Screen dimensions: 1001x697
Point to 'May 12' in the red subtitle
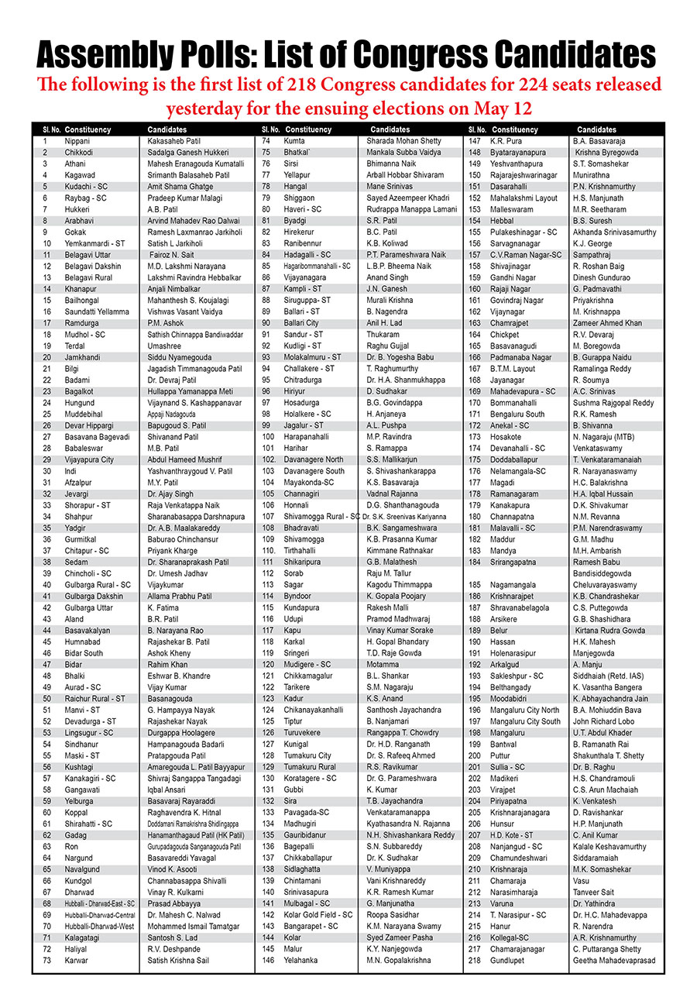(x=504, y=107)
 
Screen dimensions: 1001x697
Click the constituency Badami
(x=77, y=380)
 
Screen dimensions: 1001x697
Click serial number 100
(x=269, y=437)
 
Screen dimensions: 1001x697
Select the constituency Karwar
(x=77, y=961)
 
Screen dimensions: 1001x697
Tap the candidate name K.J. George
(x=594, y=243)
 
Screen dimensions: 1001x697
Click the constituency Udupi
(x=295, y=619)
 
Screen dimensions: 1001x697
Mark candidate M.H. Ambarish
(x=599, y=551)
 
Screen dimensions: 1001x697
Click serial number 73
(x=47, y=961)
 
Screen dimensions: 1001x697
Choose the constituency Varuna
(x=503, y=903)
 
